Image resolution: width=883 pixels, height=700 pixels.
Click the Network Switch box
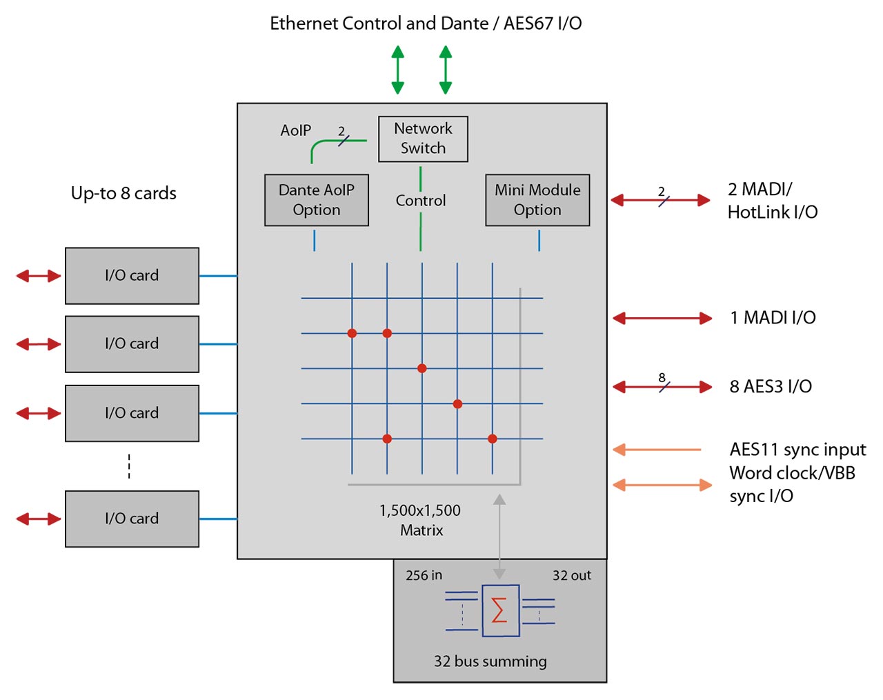click(423, 139)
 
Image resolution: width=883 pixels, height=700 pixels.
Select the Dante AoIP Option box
click(317, 200)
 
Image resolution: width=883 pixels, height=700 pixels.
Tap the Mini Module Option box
click(537, 200)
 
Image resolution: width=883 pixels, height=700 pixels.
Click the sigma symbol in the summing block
click(500, 610)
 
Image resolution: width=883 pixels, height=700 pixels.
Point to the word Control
click(421, 201)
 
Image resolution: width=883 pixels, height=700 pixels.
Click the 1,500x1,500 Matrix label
click(420, 521)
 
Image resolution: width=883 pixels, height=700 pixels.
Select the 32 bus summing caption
click(490, 661)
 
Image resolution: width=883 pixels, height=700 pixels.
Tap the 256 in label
click(424, 575)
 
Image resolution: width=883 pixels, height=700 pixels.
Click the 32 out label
click(571, 575)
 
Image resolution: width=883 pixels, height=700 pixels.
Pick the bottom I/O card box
click(132, 519)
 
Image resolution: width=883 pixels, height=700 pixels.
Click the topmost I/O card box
click(132, 275)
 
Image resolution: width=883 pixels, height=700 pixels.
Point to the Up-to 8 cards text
click(123, 193)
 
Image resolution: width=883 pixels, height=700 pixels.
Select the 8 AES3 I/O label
click(771, 386)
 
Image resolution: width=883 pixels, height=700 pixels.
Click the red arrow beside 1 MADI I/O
click(662, 318)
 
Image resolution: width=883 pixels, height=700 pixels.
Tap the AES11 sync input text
click(797, 450)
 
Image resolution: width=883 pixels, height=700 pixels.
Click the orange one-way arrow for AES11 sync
click(657, 450)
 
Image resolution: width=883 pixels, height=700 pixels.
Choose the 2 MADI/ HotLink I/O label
click(772, 200)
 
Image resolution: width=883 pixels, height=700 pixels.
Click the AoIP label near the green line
click(295, 130)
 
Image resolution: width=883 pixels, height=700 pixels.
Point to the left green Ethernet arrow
click(397, 70)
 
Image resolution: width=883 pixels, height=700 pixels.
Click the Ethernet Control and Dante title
click(426, 23)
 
